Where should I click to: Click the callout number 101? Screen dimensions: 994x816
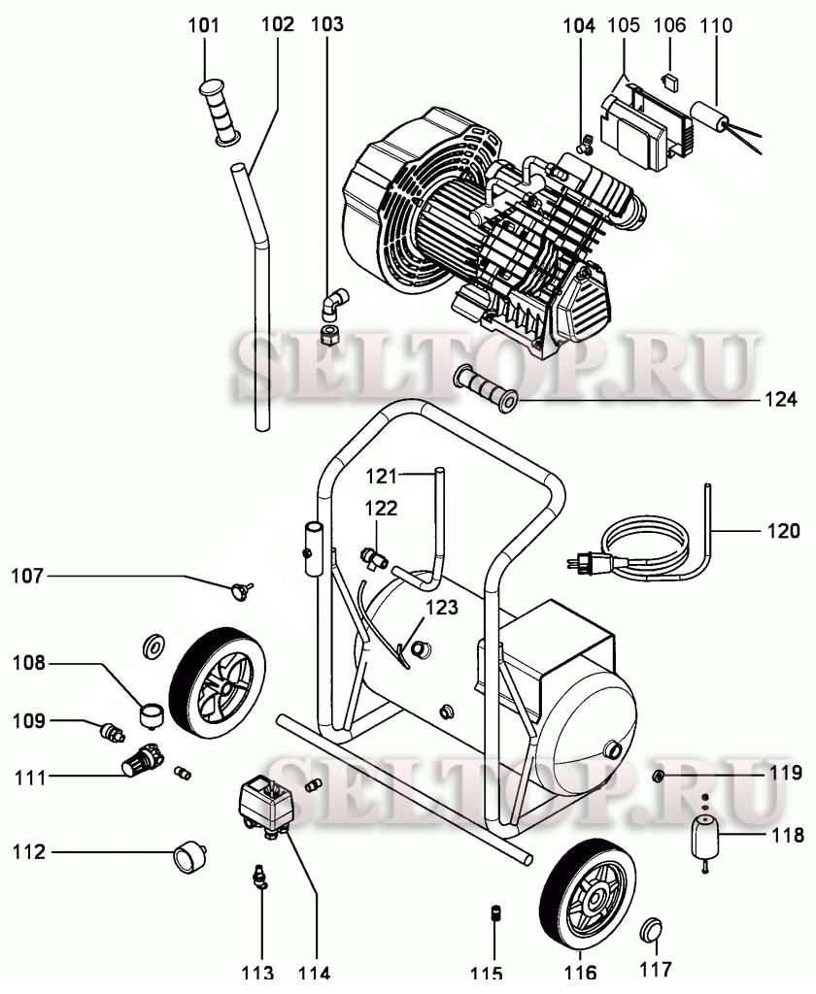coord(204,23)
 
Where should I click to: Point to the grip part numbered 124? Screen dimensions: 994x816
coord(486,388)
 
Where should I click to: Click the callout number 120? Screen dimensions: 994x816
coord(783,531)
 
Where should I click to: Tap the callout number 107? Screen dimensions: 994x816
coord(28,576)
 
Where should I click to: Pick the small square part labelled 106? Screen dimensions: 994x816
coord(668,79)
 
